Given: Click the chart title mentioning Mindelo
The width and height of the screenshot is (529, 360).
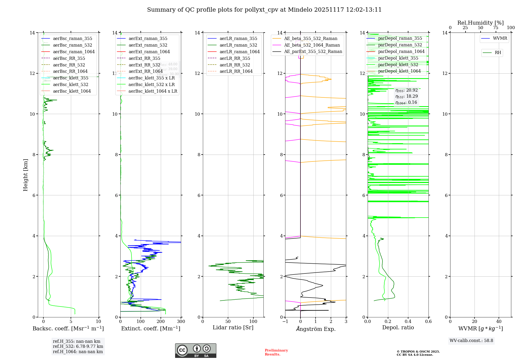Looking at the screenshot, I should tap(264, 10).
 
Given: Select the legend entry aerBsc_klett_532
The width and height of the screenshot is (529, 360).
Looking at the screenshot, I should tap(71, 85).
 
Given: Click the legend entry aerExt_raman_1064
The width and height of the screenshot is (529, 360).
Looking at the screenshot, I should tap(149, 52).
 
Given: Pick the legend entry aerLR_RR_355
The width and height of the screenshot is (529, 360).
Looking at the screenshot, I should tap(235, 58).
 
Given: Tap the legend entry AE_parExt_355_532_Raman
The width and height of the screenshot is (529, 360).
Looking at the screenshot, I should tap(313, 52).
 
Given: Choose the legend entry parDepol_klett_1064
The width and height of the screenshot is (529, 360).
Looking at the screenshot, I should tap(399, 71).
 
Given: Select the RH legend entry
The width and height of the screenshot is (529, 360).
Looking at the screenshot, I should tap(498, 53).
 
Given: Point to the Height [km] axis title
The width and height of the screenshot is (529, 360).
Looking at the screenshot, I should tap(25, 175).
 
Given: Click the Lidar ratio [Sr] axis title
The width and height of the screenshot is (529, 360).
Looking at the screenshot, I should tap(233, 328).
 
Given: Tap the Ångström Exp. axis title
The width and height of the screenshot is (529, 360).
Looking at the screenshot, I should tap(316, 329).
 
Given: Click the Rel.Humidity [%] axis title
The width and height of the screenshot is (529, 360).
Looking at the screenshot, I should tap(480, 23).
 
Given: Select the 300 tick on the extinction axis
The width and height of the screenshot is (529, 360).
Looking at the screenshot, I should tap(181, 322).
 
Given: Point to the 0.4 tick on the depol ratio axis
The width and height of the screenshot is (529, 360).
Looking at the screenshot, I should tap(408, 322).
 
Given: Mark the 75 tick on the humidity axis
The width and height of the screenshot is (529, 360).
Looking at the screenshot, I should tap(496, 28).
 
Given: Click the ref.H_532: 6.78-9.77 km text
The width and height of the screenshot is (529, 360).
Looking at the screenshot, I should tap(78, 346).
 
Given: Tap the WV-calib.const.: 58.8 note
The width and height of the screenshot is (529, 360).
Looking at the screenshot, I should tap(471, 341).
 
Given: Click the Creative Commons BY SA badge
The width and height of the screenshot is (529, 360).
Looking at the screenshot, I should tap(195, 351).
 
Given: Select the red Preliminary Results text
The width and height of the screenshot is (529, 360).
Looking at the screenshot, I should tap(276, 352).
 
